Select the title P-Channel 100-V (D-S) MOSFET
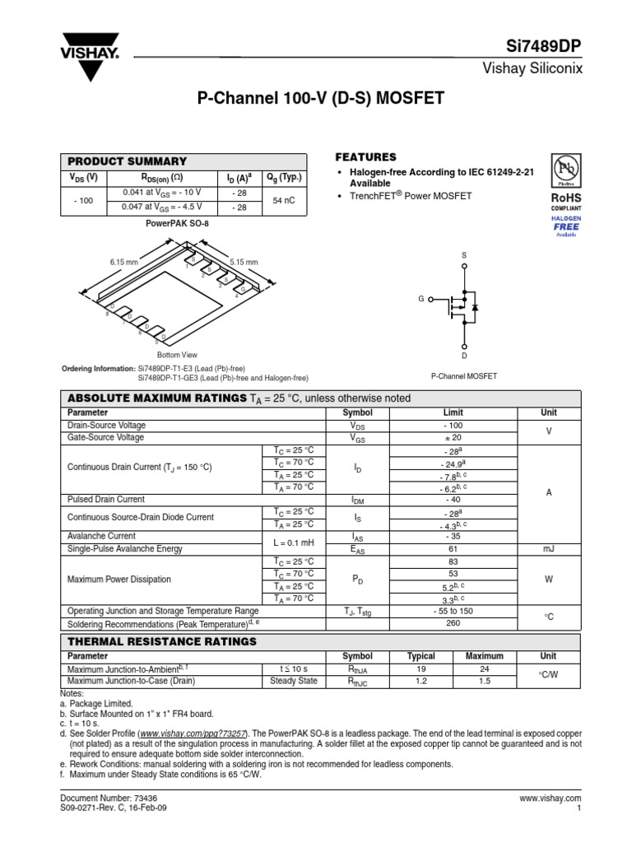point(321,99)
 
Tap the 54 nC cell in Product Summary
point(284,200)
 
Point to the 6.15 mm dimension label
point(123,262)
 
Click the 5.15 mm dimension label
point(244,262)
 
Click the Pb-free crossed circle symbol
point(565,170)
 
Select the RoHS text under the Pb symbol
point(565,198)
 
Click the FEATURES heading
point(366,157)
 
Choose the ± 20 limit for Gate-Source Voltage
point(453,438)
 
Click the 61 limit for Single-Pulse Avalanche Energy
point(453,548)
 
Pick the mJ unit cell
point(549,548)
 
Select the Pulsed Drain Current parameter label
point(106,499)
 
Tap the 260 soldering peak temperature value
point(453,623)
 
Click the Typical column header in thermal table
point(421,656)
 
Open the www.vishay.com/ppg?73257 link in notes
point(193,733)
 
